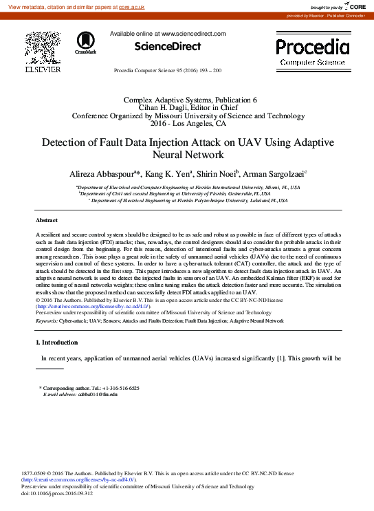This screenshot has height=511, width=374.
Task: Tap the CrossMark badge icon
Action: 86,43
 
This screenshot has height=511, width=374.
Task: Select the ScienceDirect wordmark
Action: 167,47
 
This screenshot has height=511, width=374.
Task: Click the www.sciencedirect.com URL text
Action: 192,34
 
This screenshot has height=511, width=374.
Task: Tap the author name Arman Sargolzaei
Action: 277,174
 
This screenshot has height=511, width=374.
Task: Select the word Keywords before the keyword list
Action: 46,321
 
